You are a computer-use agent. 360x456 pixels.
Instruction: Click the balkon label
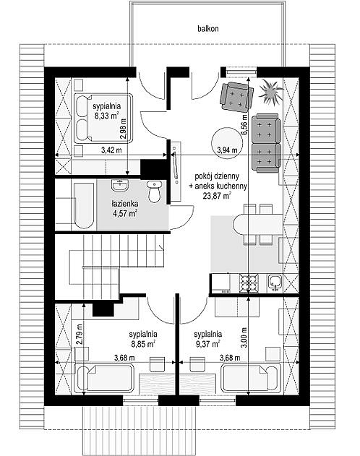pos(208,28)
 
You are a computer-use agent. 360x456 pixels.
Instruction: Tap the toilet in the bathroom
pos(154,191)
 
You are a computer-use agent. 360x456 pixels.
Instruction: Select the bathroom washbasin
pos(120,185)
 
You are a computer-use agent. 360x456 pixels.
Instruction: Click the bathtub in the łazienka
pos(85,206)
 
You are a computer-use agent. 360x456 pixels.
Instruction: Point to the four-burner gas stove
pos(249,283)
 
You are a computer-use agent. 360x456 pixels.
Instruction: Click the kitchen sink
pos(275,283)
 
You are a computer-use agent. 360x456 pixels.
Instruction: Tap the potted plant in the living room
pos(270,91)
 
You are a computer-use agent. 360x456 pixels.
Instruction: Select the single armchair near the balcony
pos(236,96)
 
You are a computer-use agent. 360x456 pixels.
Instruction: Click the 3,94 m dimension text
pos(227,150)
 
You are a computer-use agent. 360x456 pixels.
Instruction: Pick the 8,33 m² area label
pos(107,116)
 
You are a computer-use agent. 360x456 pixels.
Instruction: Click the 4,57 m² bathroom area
pos(125,213)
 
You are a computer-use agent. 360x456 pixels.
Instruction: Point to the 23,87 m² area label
pos(217,195)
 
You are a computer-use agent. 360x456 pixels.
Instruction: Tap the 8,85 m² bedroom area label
pos(142,344)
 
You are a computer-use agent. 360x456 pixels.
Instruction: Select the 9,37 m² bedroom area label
pos(207,344)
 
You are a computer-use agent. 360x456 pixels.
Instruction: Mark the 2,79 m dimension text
pos(80,334)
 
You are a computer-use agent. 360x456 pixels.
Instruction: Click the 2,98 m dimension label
pos(124,129)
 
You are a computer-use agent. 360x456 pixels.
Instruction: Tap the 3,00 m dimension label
pos(244,337)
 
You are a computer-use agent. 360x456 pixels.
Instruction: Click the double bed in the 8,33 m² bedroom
pos(103,118)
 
